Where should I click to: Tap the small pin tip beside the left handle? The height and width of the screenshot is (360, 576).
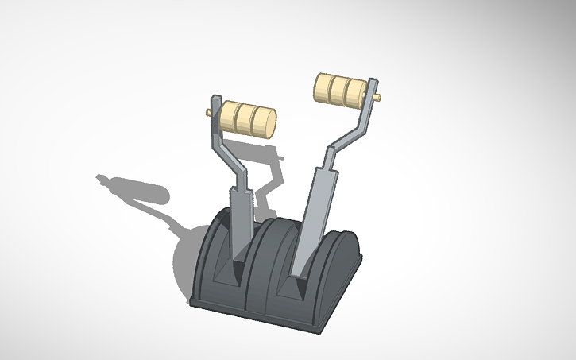click(x=209, y=112)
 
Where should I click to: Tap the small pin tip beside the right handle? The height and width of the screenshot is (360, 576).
click(x=379, y=99)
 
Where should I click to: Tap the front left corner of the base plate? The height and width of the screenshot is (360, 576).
click(x=194, y=303)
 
